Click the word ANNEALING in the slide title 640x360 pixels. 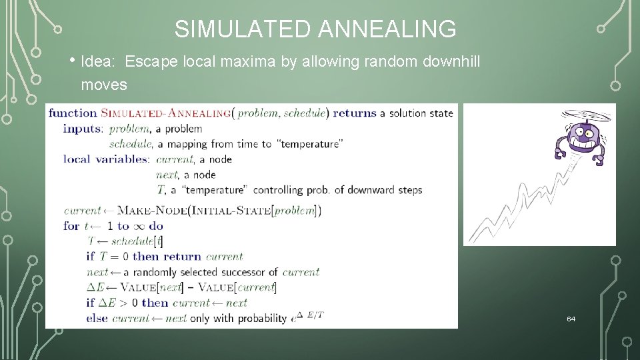tap(387, 29)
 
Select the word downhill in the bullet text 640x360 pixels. tap(451, 63)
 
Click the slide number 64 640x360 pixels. tap(571, 319)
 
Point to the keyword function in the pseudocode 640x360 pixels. tap(73, 113)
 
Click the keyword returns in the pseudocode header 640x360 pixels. tap(355, 113)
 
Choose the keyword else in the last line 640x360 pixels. tap(97, 319)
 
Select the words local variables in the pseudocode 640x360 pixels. tap(107, 159)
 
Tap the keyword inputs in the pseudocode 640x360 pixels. tap(83, 128)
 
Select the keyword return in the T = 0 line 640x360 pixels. tap(182, 257)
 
